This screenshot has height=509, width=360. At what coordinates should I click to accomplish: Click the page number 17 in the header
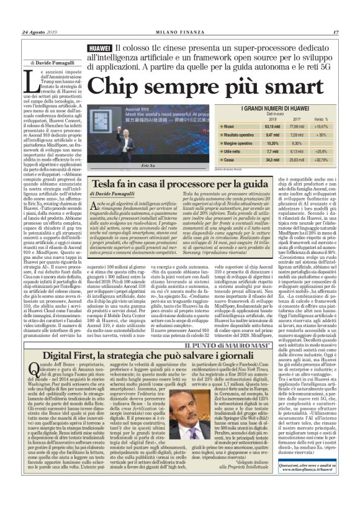tap(335, 32)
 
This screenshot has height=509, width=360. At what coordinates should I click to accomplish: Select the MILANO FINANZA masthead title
tap(180, 32)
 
